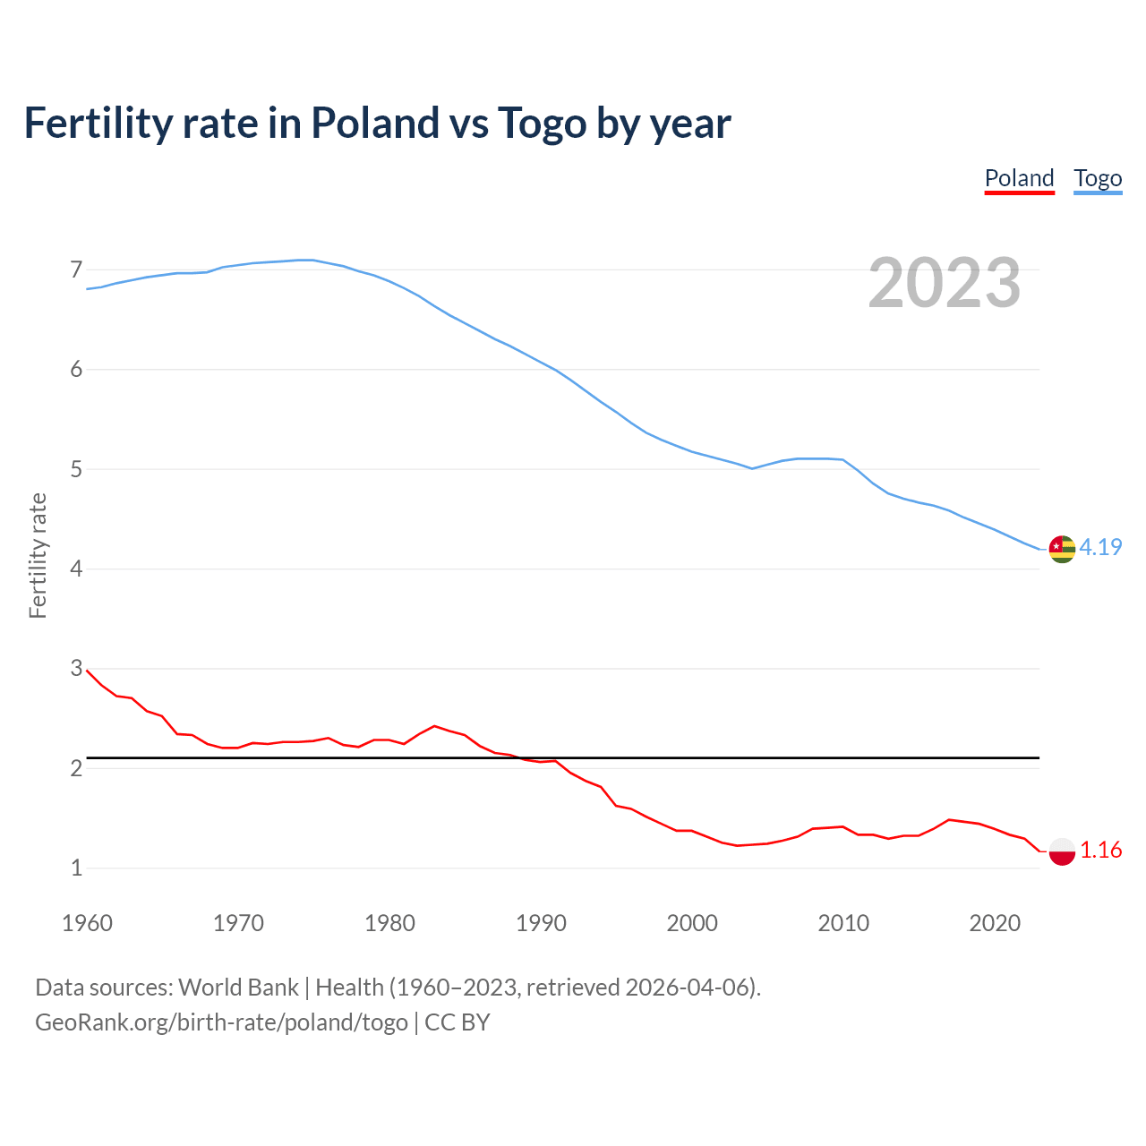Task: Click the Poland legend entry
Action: click(x=1019, y=178)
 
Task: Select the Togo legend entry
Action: click(x=1098, y=178)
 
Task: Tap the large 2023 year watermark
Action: click(x=945, y=283)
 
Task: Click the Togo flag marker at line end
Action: click(x=1062, y=548)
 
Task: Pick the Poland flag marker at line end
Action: click(x=1062, y=851)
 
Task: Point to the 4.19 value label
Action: click(x=1100, y=547)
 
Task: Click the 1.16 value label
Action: click(x=1100, y=851)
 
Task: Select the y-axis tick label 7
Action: click(x=76, y=269)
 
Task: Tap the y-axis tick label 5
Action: click(x=76, y=469)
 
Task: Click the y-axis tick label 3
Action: click(x=76, y=669)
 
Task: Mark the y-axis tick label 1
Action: click(x=76, y=868)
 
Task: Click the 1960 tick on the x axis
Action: click(x=87, y=923)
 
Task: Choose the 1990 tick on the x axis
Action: click(x=541, y=923)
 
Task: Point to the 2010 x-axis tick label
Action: click(x=843, y=923)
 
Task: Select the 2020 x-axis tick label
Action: click(x=995, y=923)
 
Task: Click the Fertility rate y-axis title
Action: click(x=38, y=555)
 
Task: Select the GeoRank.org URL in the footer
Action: click(x=221, y=1022)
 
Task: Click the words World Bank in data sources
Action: click(x=238, y=988)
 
